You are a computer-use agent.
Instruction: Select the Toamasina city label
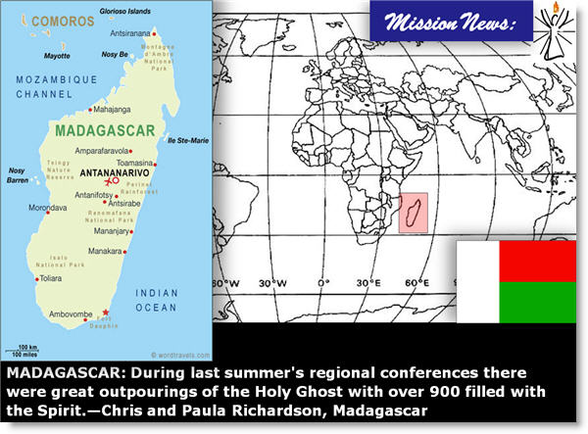click(136, 163)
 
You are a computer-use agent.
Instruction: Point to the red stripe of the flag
click(537, 261)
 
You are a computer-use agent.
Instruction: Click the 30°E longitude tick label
click(370, 283)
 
